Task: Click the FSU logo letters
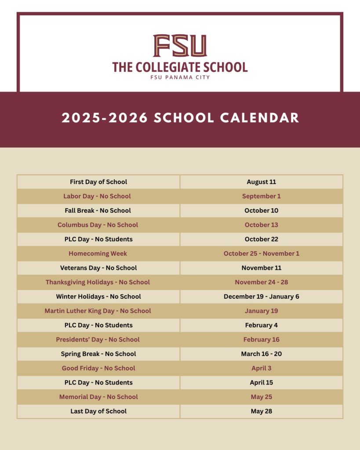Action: (180, 46)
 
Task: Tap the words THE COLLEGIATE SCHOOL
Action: (180, 67)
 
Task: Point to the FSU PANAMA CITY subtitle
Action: (180, 78)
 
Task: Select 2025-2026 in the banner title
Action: (105, 118)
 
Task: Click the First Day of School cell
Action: (98, 182)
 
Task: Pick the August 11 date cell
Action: (262, 182)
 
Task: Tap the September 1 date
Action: (262, 196)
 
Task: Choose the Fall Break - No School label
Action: (98, 210)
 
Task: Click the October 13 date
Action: (262, 225)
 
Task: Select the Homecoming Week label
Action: (98, 254)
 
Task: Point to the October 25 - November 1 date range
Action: (262, 254)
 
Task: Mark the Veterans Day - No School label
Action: (98, 268)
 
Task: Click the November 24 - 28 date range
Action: (262, 282)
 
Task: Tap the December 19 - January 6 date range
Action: (262, 297)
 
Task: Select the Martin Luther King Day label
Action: (98, 311)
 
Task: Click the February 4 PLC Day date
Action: (262, 325)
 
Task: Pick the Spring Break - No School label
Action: (98, 354)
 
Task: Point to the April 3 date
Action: (262, 368)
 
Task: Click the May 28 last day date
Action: (262, 411)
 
